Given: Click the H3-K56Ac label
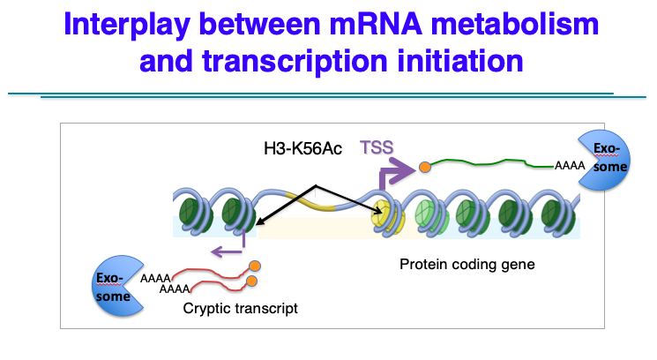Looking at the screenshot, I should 302,149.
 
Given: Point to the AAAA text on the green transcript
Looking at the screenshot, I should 568,165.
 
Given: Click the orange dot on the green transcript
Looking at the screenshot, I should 424,165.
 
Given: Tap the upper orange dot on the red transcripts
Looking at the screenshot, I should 255,266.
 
